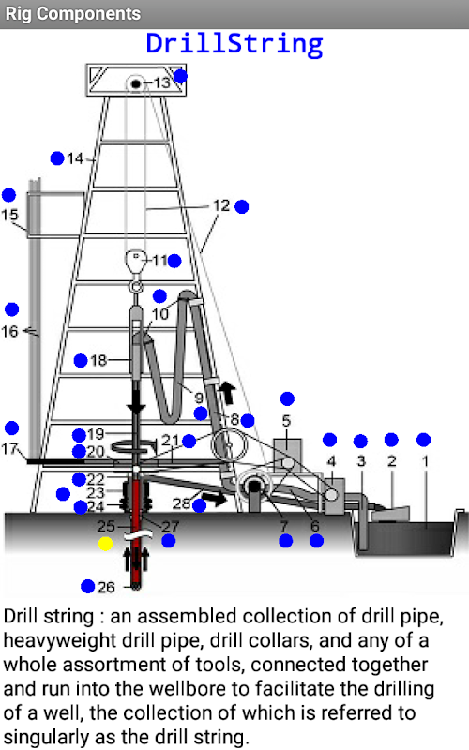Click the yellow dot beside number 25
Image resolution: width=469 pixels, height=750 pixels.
click(105, 544)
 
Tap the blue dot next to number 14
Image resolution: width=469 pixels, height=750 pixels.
click(57, 157)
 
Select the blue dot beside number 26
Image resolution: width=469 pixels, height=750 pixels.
click(87, 586)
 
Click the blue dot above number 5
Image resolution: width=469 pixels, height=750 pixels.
click(287, 398)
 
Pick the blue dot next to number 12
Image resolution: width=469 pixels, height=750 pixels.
click(242, 206)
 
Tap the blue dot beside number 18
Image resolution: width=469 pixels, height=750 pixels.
click(81, 360)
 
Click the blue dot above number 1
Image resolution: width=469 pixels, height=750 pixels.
click(424, 440)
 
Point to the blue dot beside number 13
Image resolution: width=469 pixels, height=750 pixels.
click(180, 76)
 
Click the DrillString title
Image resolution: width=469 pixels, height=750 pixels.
click(234, 44)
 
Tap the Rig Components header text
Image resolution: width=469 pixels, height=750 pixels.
click(73, 14)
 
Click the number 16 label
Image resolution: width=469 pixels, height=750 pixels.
click(9, 331)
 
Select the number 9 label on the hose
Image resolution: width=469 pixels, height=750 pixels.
click(199, 397)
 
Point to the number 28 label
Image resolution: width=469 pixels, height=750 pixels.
click(181, 503)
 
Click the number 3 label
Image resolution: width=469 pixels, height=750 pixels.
click(361, 461)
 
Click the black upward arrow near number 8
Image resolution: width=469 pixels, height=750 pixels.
click(227, 393)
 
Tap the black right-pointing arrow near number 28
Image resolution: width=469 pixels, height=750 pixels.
click(215, 499)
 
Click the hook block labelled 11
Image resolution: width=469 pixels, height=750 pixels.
click(136, 262)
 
